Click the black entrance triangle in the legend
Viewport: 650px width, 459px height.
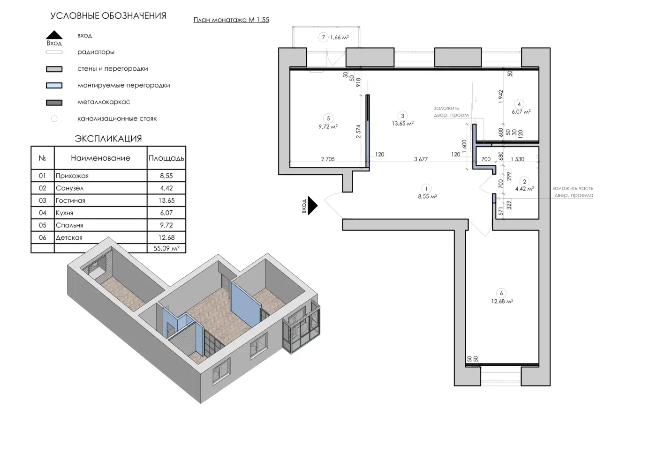tap(54, 35)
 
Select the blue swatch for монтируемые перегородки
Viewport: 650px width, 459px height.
tap(54, 86)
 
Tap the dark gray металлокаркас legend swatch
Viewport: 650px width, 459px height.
tap(54, 103)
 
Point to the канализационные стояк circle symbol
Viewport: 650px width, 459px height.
tap(54, 119)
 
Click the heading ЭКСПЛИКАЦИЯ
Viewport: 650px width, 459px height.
tap(108, 139)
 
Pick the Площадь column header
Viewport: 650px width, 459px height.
tap(166, 158)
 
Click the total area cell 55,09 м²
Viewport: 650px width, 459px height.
tap(166, 248)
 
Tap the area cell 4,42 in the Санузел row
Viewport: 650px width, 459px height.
tap(166, 188)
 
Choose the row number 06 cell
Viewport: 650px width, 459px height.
tap(43, 237)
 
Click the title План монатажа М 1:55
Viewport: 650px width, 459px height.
tap(231, 20)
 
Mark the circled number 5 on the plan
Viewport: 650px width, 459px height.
tap(328, 118)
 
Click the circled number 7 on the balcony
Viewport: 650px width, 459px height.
tap(323, 37)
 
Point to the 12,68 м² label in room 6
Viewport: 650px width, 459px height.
tap(502, 301)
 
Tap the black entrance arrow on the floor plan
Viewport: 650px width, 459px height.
tap(312, 206)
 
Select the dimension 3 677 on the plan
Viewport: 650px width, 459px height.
tap(421, 159)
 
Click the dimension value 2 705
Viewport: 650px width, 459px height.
tap(328, 159)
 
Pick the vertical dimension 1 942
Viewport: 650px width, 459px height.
tap(500, 96)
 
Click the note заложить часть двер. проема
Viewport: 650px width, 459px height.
tap(573, 192)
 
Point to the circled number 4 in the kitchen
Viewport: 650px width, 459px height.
tap(519, 104)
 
